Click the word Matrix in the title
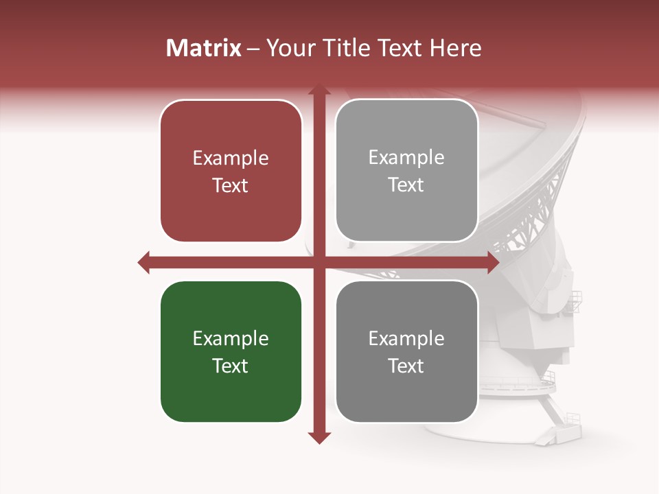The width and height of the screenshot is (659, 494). pyautogui.click(x=204, y=48)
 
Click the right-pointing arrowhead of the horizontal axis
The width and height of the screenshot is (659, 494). pyautogui.click(x=492, y=262)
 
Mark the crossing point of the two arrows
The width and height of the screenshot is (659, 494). pyautogui.click(x=319, y=262)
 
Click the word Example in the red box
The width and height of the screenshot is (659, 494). pyautogui.click(x=231, y=158)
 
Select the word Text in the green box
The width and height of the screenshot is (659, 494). pyautogui.click(x=231, y=366)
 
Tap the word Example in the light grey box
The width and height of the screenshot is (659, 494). pyautogui.click(x=406, y=158)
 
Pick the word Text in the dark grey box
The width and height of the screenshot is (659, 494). pyautogui.click(x=406, y=366)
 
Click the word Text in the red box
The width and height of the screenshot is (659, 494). pyautogui.click(x=231, y=185)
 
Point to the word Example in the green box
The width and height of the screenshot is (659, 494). pyautogui.click(x=231, y=339)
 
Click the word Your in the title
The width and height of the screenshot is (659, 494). pyautogui.click(x=286, y=48)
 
